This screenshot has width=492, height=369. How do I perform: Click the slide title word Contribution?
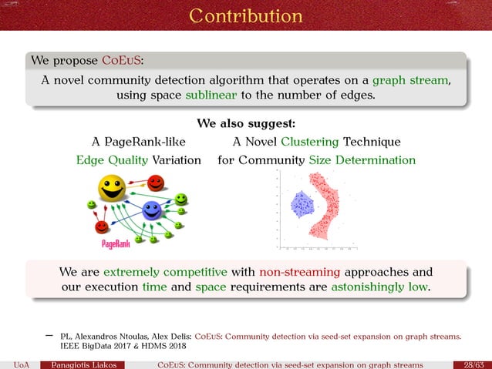coord(246,15)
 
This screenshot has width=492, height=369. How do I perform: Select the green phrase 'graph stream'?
coord(411,79)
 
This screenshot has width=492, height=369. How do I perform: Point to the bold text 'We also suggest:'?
coord(246,123)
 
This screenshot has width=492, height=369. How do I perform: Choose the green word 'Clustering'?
coord(312,142)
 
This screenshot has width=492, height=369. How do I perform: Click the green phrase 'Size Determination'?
coord(362,160)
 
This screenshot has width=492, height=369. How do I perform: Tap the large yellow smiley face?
coord(112,188)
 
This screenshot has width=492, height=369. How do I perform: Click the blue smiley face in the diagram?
coord(152,210)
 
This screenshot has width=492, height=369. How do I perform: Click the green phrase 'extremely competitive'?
coord(165,272)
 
